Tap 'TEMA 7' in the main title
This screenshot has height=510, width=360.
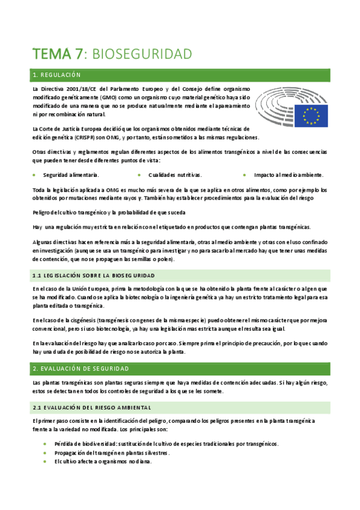(58, 54)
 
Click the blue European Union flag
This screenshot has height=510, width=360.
(311, 115)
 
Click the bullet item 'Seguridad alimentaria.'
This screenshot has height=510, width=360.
(70, 175)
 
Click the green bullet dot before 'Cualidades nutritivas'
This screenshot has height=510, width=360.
(139, 175)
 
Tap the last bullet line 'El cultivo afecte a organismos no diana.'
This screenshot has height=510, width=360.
(103, 462)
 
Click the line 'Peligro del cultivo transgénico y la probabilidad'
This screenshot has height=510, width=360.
(109, 212)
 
